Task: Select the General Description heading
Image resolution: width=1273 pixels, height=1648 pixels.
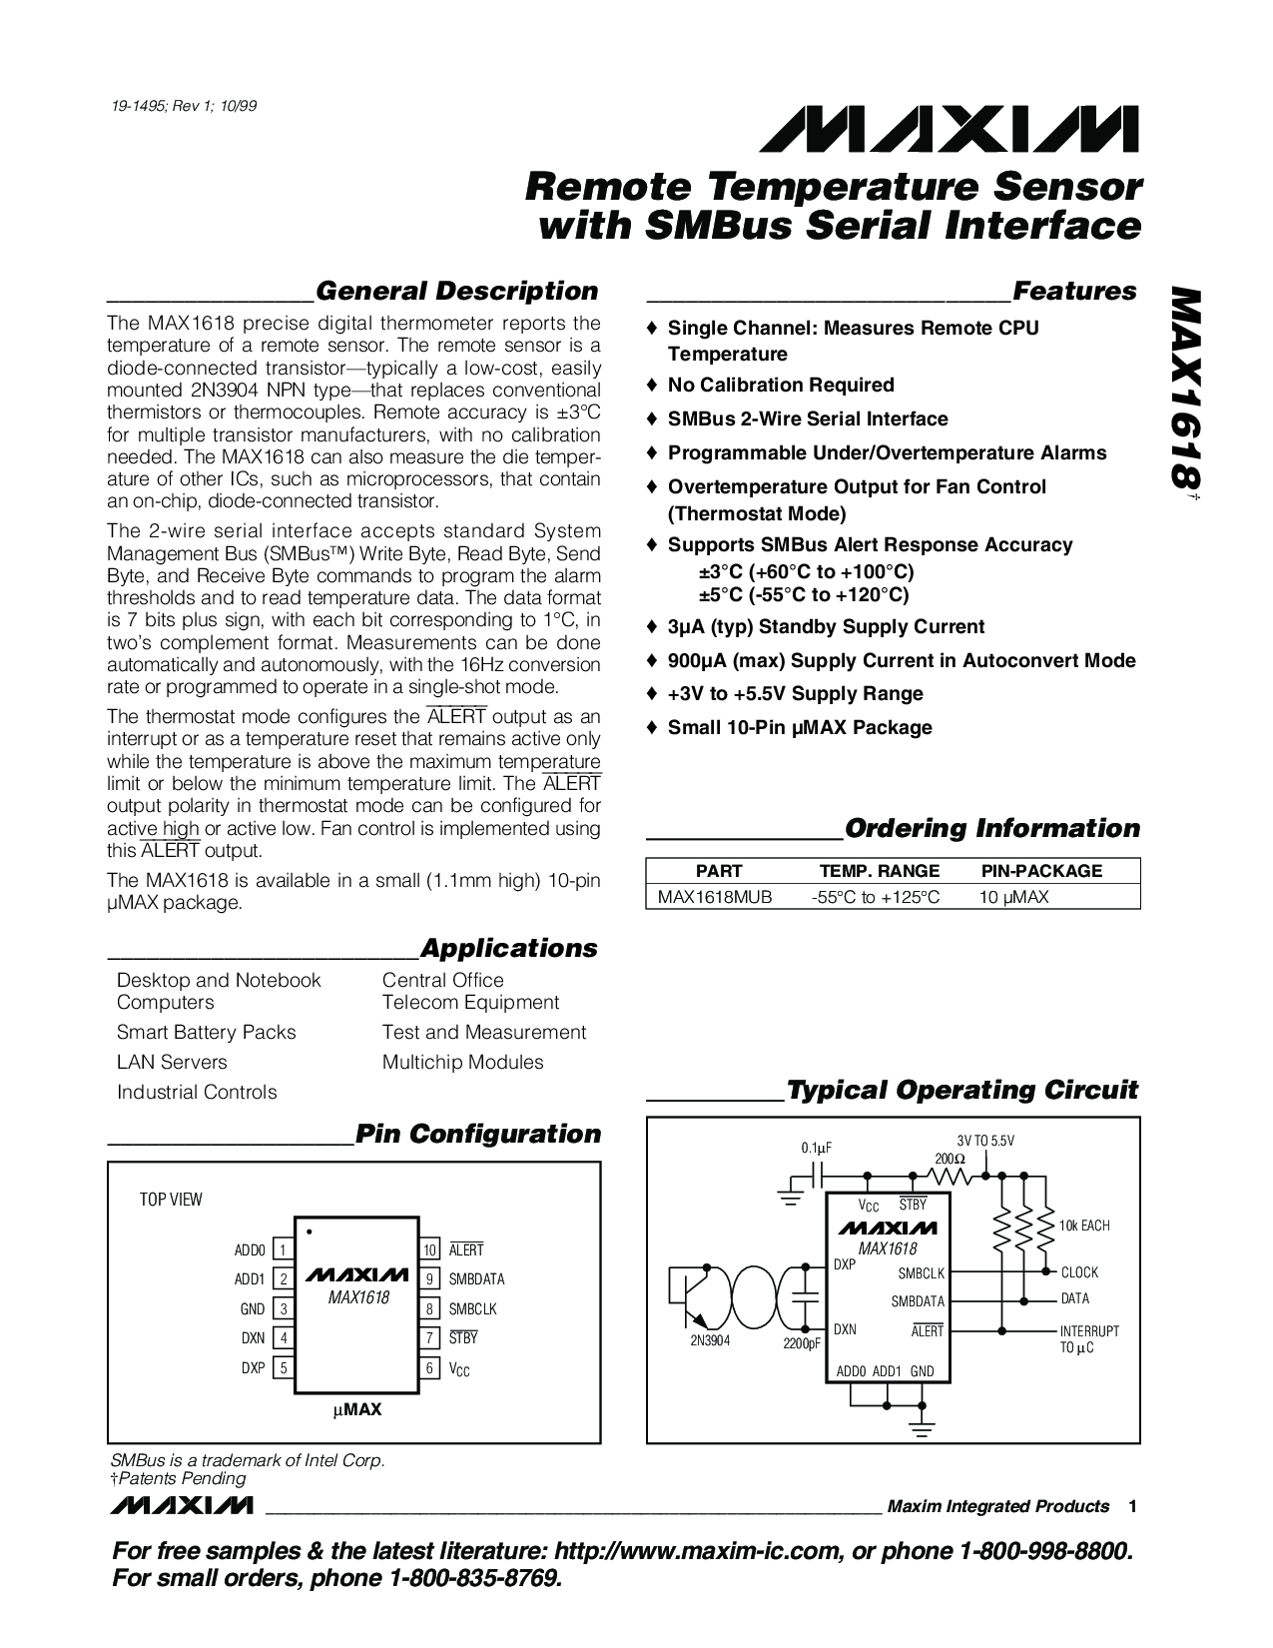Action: (x=456, y=291)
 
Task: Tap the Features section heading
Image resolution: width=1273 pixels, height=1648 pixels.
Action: (x=1074, y=291)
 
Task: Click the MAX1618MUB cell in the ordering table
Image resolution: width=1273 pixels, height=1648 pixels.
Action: (x=714, y=897)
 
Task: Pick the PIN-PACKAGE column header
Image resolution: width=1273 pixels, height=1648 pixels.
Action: (x=1041, y=871)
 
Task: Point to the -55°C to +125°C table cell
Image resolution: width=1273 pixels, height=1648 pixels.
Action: (x=875, y=897)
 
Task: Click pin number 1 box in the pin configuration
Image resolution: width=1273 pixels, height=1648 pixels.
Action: (x=283, y=1249)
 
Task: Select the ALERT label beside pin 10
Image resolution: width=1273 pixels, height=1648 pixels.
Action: (x=465, y=1249)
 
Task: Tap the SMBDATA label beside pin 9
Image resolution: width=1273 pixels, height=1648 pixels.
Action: (x=476, y=1279)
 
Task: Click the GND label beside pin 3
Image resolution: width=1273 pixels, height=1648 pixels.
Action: (x=253, y=1309)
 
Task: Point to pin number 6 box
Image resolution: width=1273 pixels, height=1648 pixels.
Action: (x=430, y=1368)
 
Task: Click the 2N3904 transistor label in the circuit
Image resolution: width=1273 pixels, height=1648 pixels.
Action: (x=710, y=1340)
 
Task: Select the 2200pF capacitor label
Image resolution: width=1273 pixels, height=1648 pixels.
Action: (x=802, y=1344)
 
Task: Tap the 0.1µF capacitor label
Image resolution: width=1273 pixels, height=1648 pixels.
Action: (x=817, y=1149)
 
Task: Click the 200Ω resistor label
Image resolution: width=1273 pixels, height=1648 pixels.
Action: (x=951, y=1159)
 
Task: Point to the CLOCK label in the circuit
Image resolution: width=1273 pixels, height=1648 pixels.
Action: (x=1079, y=1272)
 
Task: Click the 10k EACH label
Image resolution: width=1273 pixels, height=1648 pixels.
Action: (x=1084, y=1226)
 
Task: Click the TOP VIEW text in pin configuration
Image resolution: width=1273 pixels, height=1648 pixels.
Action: (x=171, y=1199)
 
